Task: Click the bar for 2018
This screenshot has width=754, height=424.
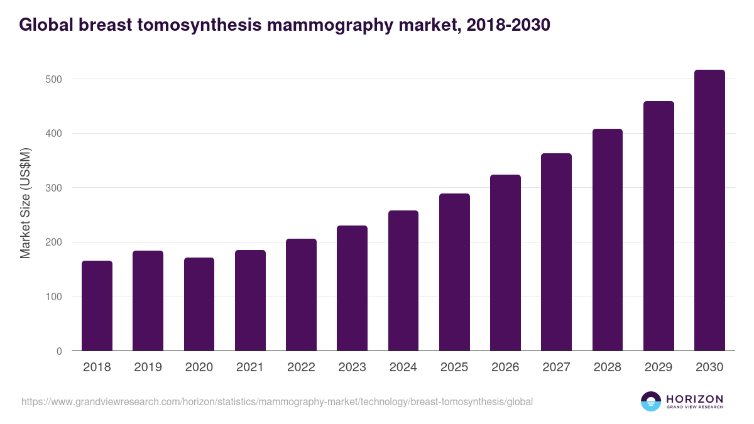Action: click(97, 306)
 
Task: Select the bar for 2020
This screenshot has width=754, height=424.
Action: click(199, 304)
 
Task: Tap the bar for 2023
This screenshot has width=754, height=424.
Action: click(352, 288)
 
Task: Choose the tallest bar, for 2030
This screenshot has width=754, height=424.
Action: click(709, 210)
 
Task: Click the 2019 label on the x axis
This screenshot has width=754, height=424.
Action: click(148, 367)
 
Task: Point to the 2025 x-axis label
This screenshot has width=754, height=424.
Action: click(454, 367)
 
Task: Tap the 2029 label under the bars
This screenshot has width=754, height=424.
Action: click(658, 367)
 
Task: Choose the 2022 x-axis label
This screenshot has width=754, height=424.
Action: click(301, 367)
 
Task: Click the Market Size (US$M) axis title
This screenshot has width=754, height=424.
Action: click(25, 203)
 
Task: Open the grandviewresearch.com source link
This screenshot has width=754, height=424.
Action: click(277, 401)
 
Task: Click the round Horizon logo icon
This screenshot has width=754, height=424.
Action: click(651, 401)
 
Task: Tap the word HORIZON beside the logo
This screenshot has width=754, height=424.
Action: click(694, 398)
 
